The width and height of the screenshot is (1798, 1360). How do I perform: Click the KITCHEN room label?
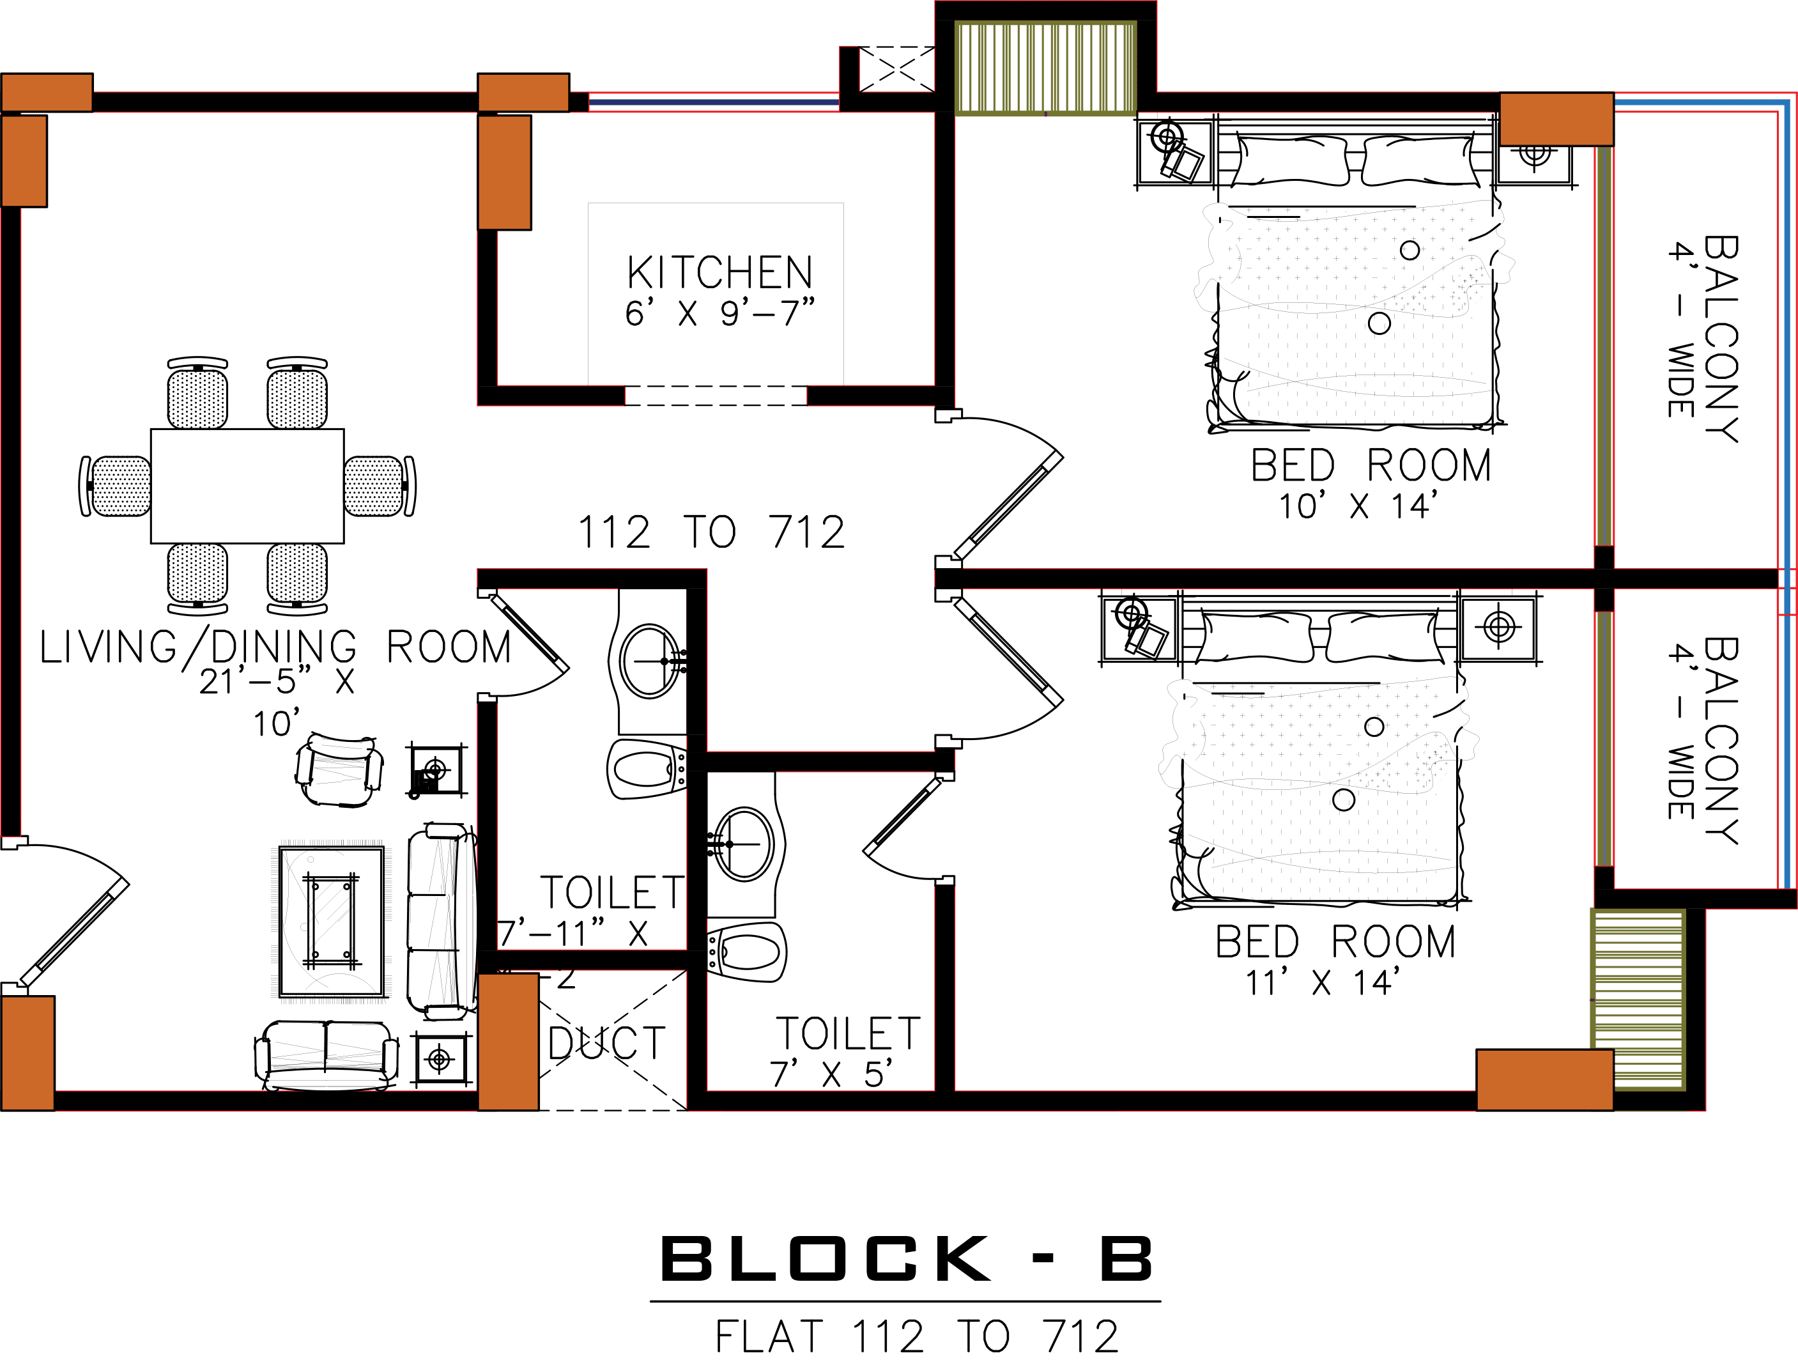click(719, 273)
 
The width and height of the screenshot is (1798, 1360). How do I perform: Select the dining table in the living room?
click(247, 485)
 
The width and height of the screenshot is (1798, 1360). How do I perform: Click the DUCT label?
click(606, 1044)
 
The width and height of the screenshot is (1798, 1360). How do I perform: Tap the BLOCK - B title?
click(906, 1259)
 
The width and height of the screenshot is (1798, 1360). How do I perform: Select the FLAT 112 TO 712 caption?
click(917, 1336)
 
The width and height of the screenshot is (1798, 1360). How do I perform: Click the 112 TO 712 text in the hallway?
click(711, 533)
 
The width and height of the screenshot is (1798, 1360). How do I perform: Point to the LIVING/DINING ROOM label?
click(275, 648)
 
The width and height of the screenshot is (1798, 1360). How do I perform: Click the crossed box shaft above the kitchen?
click(896, 69)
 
